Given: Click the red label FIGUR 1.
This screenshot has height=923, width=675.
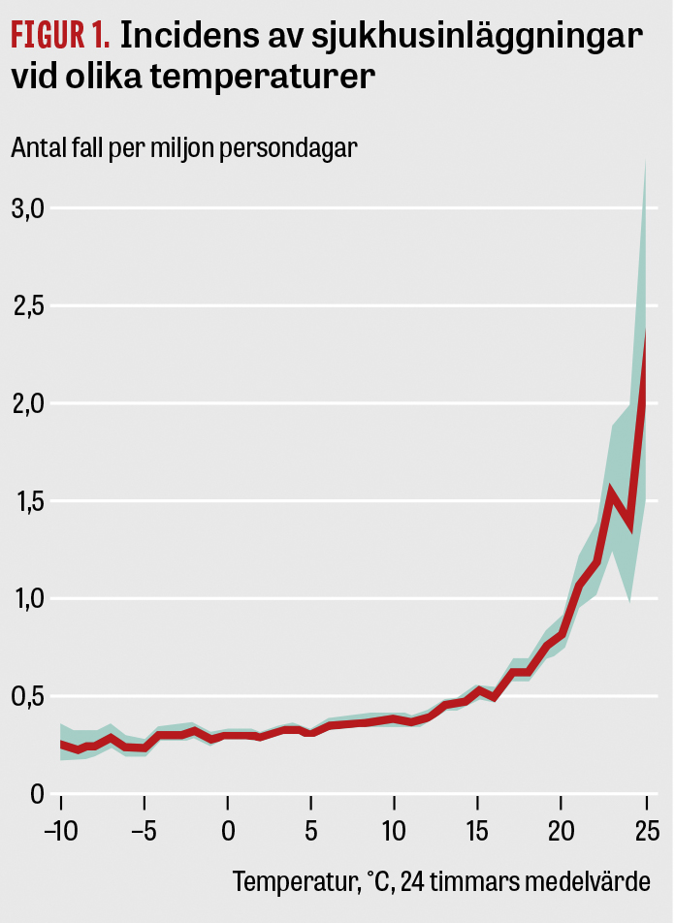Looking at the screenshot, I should (60, 36).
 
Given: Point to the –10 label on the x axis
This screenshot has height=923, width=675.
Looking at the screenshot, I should (59, 832).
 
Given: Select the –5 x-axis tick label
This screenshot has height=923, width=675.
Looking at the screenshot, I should (143, 832).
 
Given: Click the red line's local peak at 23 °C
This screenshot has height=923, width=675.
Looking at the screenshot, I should (612, 491).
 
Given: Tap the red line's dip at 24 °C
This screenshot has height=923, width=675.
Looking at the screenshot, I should (629, 525).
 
